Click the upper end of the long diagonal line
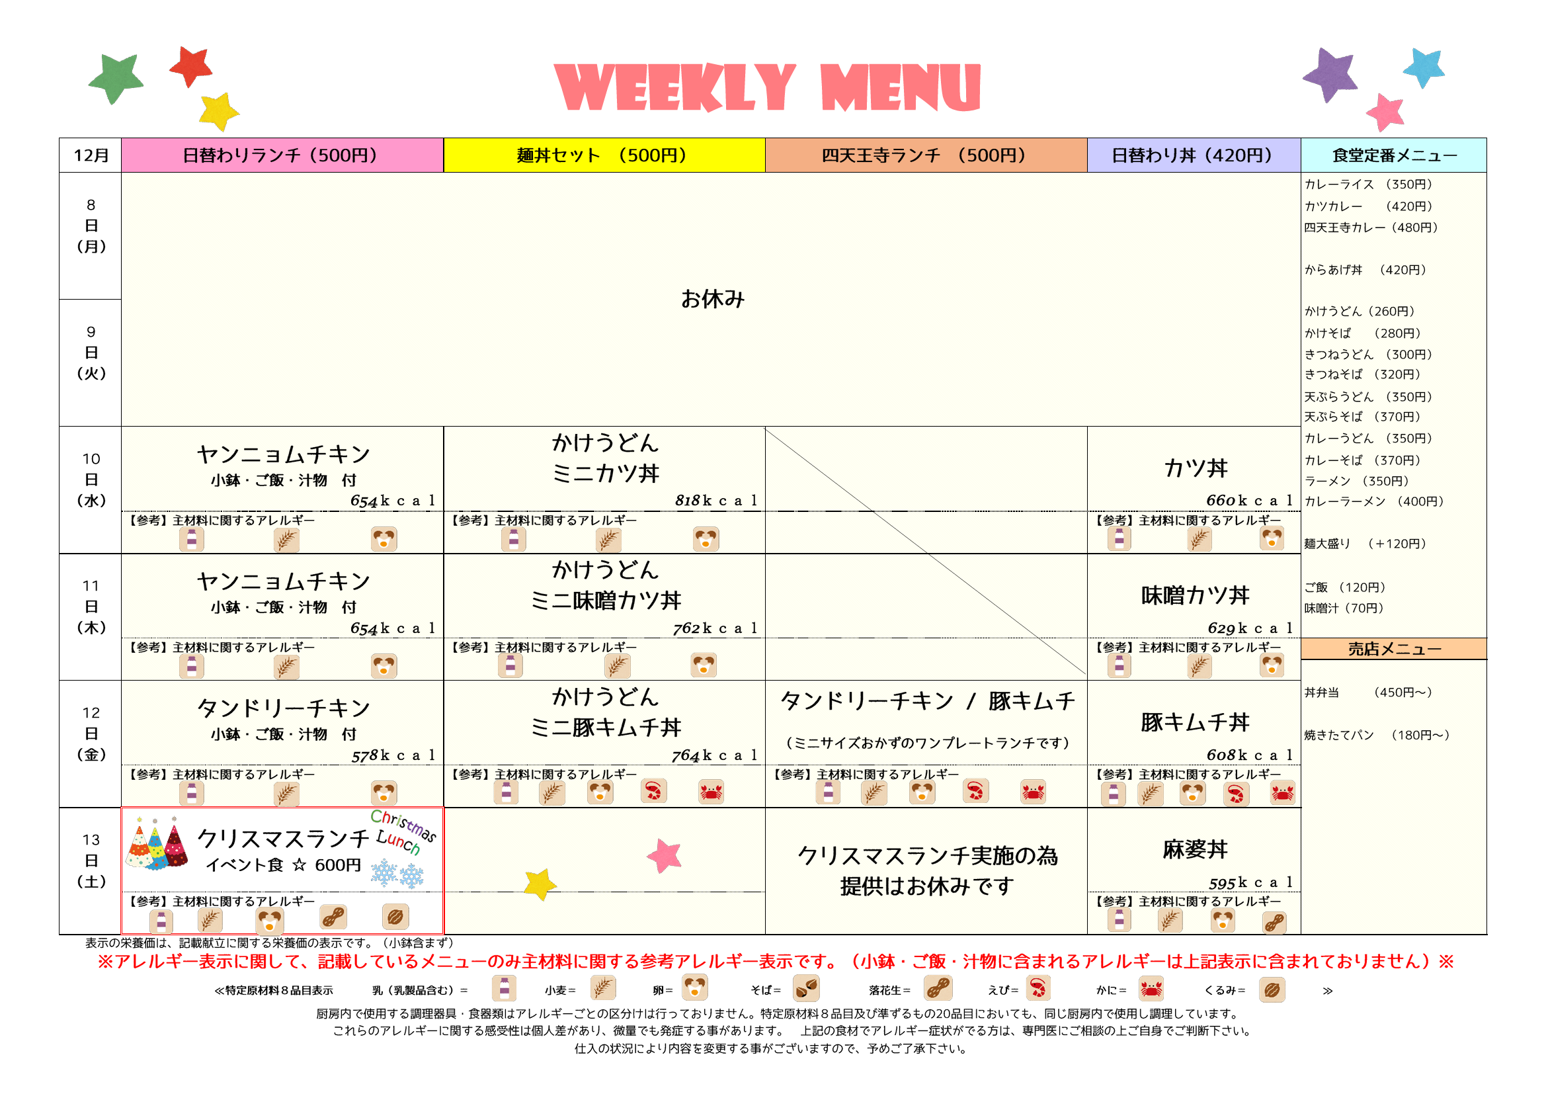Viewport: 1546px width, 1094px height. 766,429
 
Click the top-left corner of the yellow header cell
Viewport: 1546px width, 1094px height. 444,139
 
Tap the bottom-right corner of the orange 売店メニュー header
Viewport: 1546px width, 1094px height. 1486,659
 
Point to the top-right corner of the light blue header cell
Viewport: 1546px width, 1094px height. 1486,139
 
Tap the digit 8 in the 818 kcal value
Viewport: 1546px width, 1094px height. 678,501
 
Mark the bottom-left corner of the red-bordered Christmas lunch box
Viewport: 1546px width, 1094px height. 122,933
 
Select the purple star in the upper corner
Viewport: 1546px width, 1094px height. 1329,74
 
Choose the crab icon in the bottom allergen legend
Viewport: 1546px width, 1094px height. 1151,989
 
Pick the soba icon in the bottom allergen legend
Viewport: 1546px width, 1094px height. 806,989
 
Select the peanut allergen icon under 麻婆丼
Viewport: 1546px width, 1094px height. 1274,922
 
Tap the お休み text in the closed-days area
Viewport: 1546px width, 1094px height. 712,299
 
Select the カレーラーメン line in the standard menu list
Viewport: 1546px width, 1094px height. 1373,501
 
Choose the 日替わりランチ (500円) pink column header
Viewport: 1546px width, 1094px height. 283,155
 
